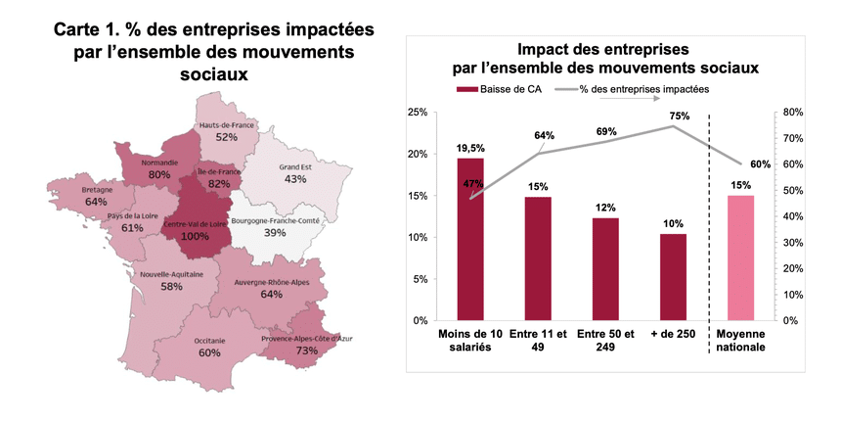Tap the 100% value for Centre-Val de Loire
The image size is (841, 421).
click(x=196, y=237)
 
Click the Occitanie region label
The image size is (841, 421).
click(x=209, y=341)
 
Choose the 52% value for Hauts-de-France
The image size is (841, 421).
click(x=227, y=138)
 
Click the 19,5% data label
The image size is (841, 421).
click(x=470, y=148)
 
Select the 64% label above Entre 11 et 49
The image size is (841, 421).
click(x=545, y=136)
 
